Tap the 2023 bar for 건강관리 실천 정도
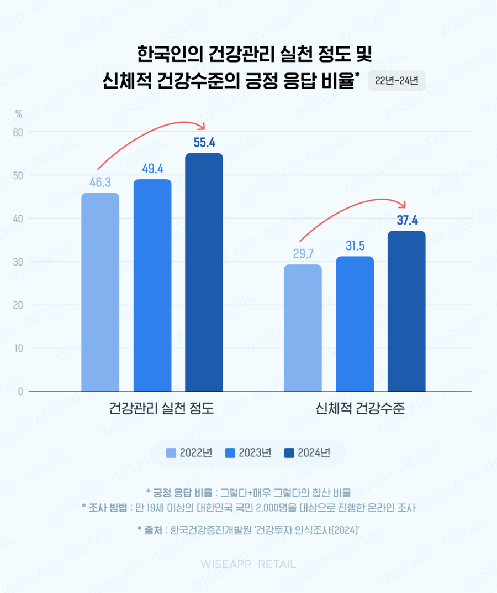[152, 285]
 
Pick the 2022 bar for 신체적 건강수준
[303, 328]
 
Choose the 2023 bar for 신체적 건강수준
[355, 324]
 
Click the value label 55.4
[204, 143]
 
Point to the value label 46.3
[100, 182]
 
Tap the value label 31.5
[355, 246]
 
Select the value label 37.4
[407, 221]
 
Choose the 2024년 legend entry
[307, 453]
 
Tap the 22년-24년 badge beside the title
[396, 80]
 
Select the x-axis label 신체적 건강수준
[361, 409]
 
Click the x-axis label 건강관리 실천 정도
[161, 409]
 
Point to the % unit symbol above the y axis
[19, 114]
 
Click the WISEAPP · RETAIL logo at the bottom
[248, 564]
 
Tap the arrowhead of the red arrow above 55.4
[202, 126]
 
